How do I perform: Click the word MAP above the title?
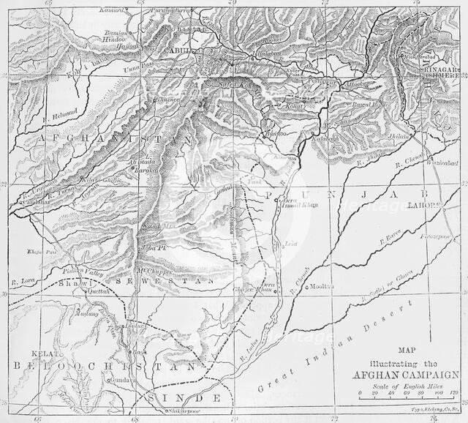[x=407, y=350]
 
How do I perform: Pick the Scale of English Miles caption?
[x=408, y=386]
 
